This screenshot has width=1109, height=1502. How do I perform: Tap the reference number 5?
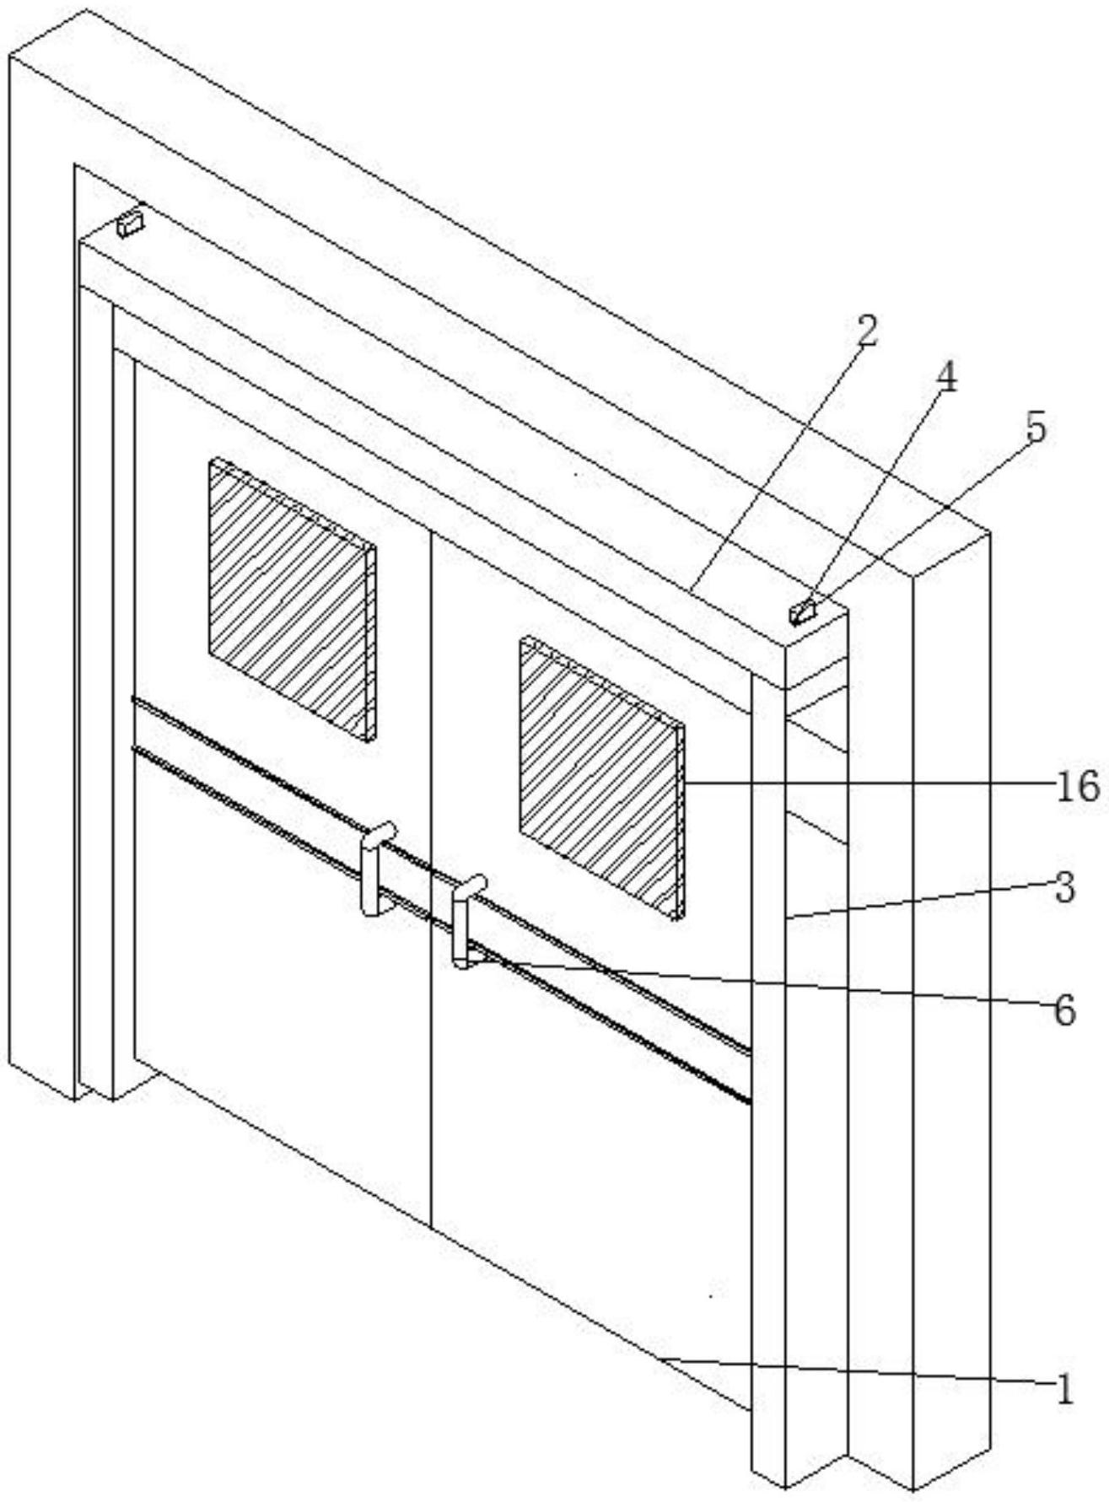[1035, 428]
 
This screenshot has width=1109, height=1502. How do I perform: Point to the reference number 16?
[1079, 787]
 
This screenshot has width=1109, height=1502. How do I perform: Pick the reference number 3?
[1065, 887]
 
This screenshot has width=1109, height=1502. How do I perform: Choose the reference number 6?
[1065, 1009]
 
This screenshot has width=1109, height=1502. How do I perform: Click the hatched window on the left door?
[292, 600]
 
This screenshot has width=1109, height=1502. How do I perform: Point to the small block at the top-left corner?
[130, 224]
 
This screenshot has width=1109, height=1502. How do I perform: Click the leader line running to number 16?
[867, 783]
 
